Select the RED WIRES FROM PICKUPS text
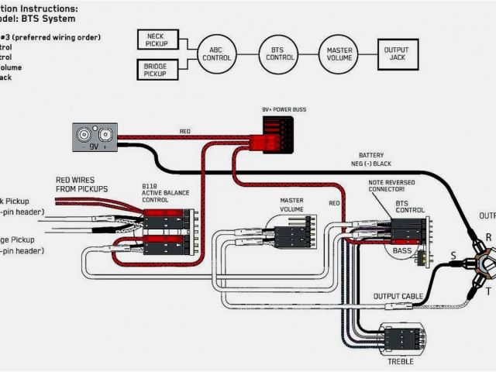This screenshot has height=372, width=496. pos(81,184)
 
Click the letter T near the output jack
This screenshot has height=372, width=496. pos(488,291)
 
